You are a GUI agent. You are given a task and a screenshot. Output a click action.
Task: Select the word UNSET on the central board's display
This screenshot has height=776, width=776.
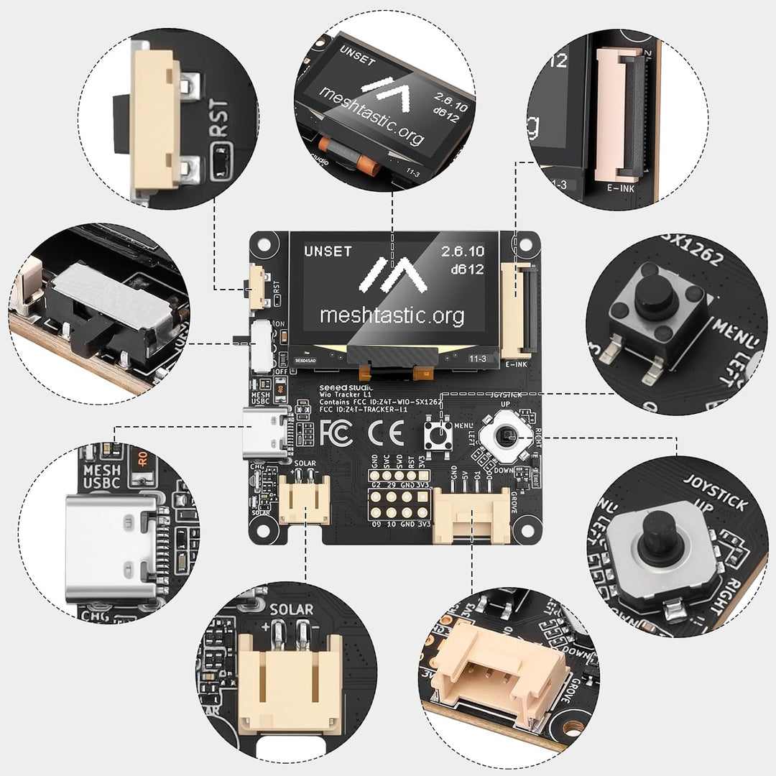click(328, 251)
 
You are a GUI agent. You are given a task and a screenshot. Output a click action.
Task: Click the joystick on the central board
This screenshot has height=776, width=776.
click(507, 435)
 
